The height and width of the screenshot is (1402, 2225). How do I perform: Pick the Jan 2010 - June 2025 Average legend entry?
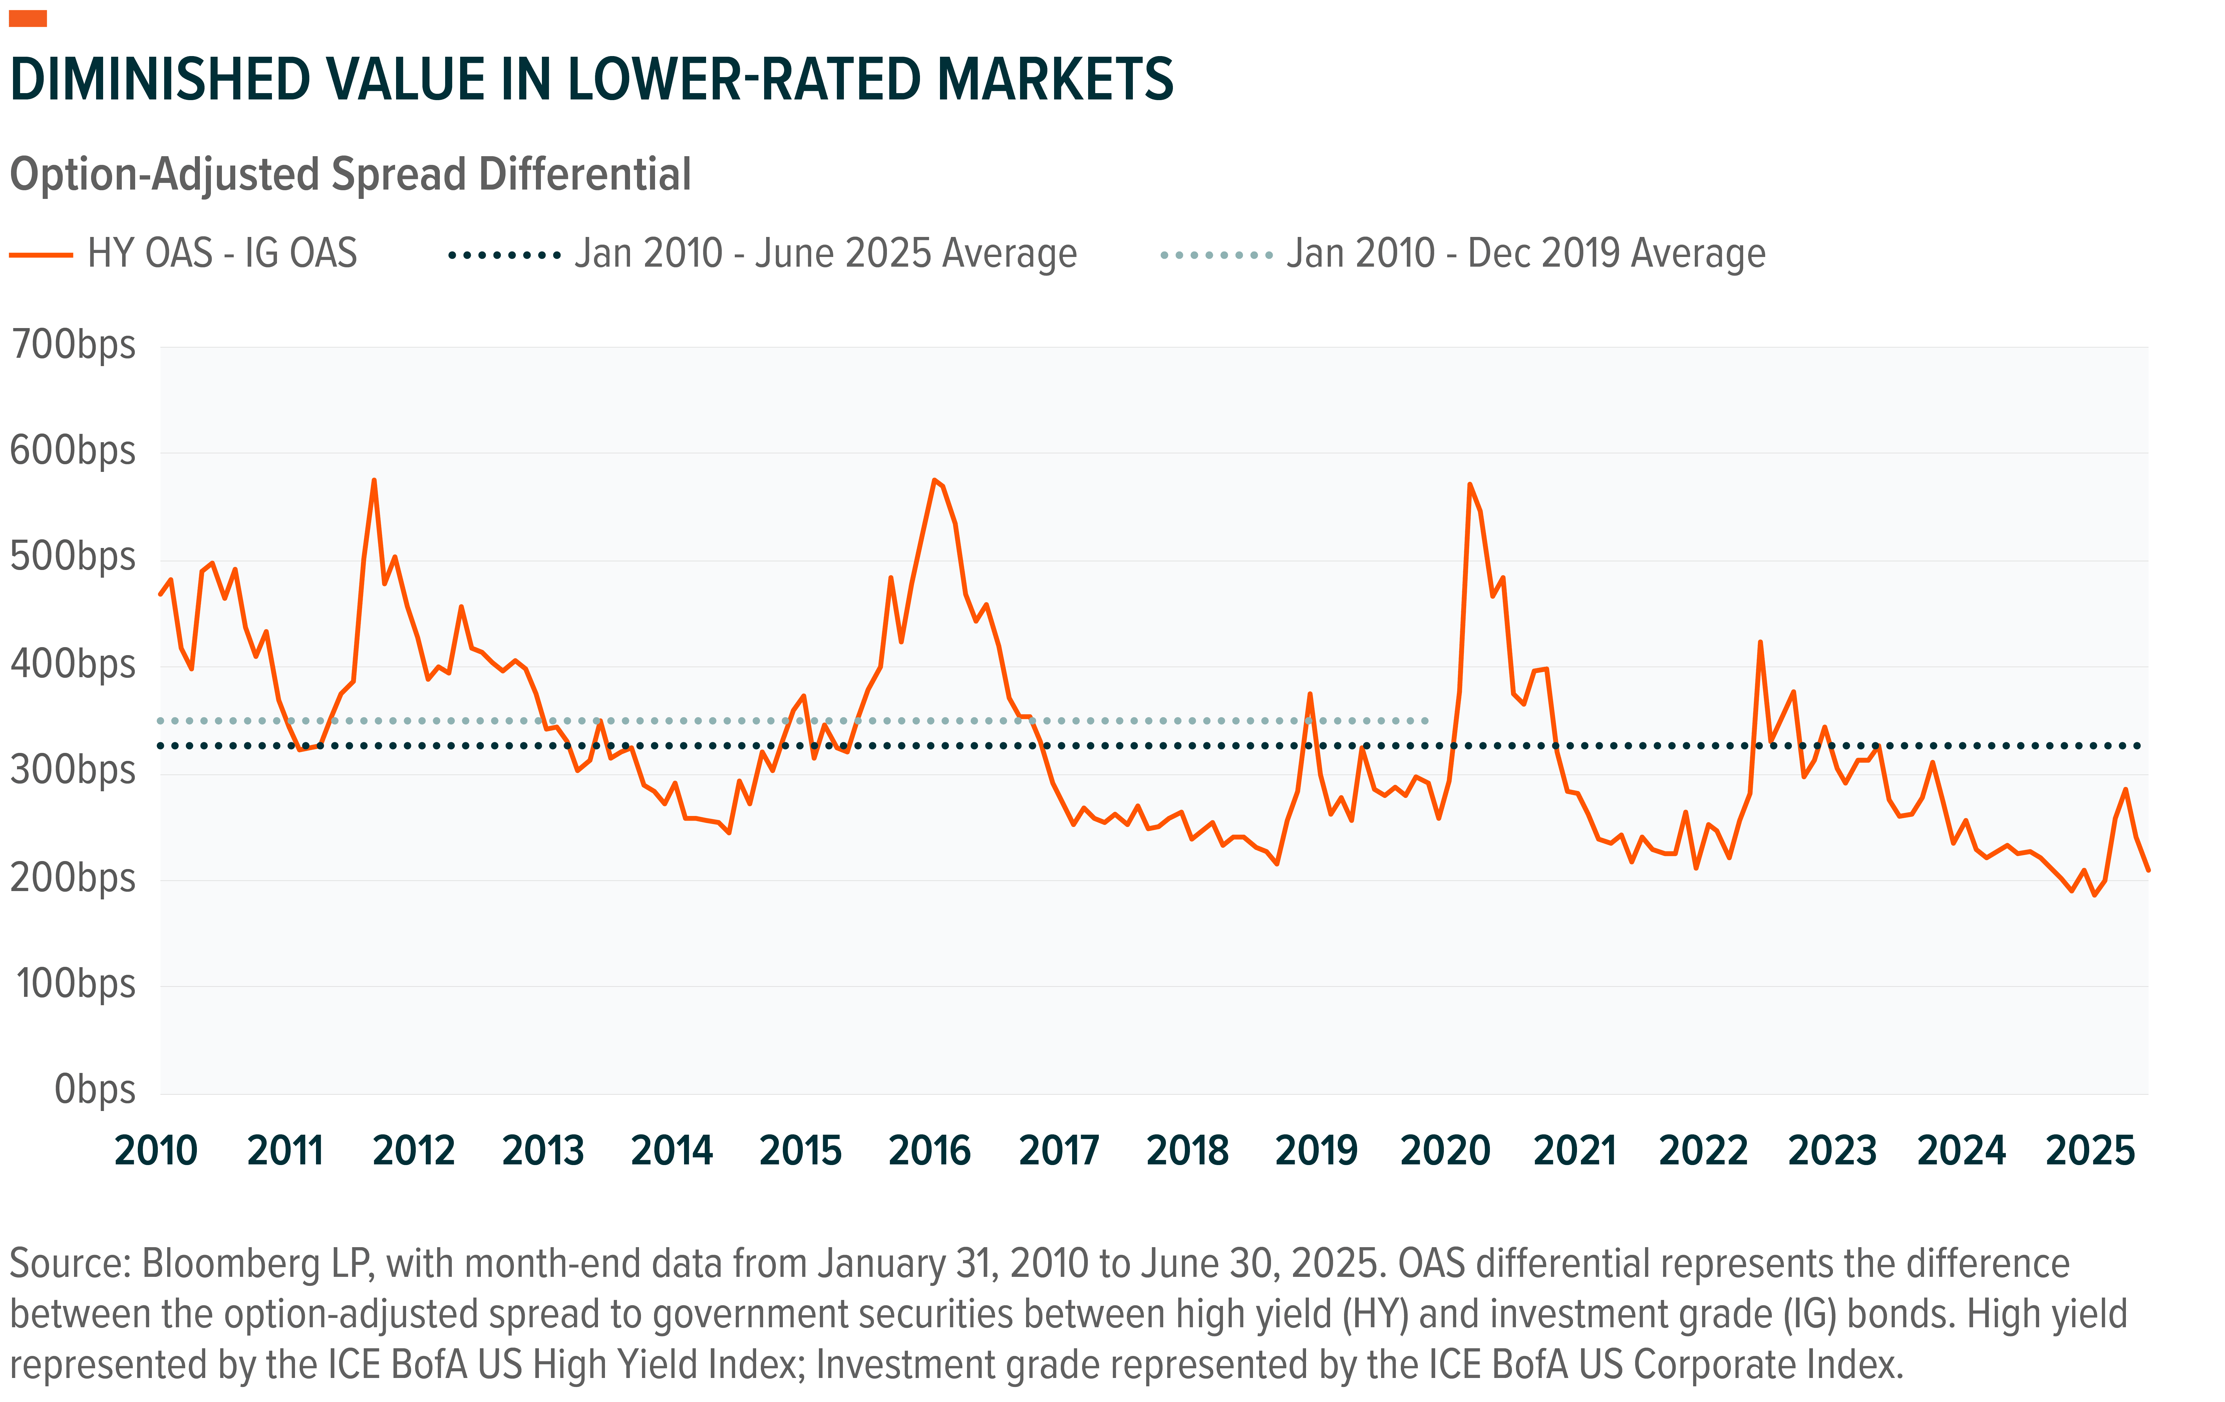pos(825,253)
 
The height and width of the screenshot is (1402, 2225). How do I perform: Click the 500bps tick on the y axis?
pos(74,557)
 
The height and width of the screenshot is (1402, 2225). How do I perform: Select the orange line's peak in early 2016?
pos(934,481)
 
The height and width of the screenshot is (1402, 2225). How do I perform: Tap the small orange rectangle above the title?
pos(28,18)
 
